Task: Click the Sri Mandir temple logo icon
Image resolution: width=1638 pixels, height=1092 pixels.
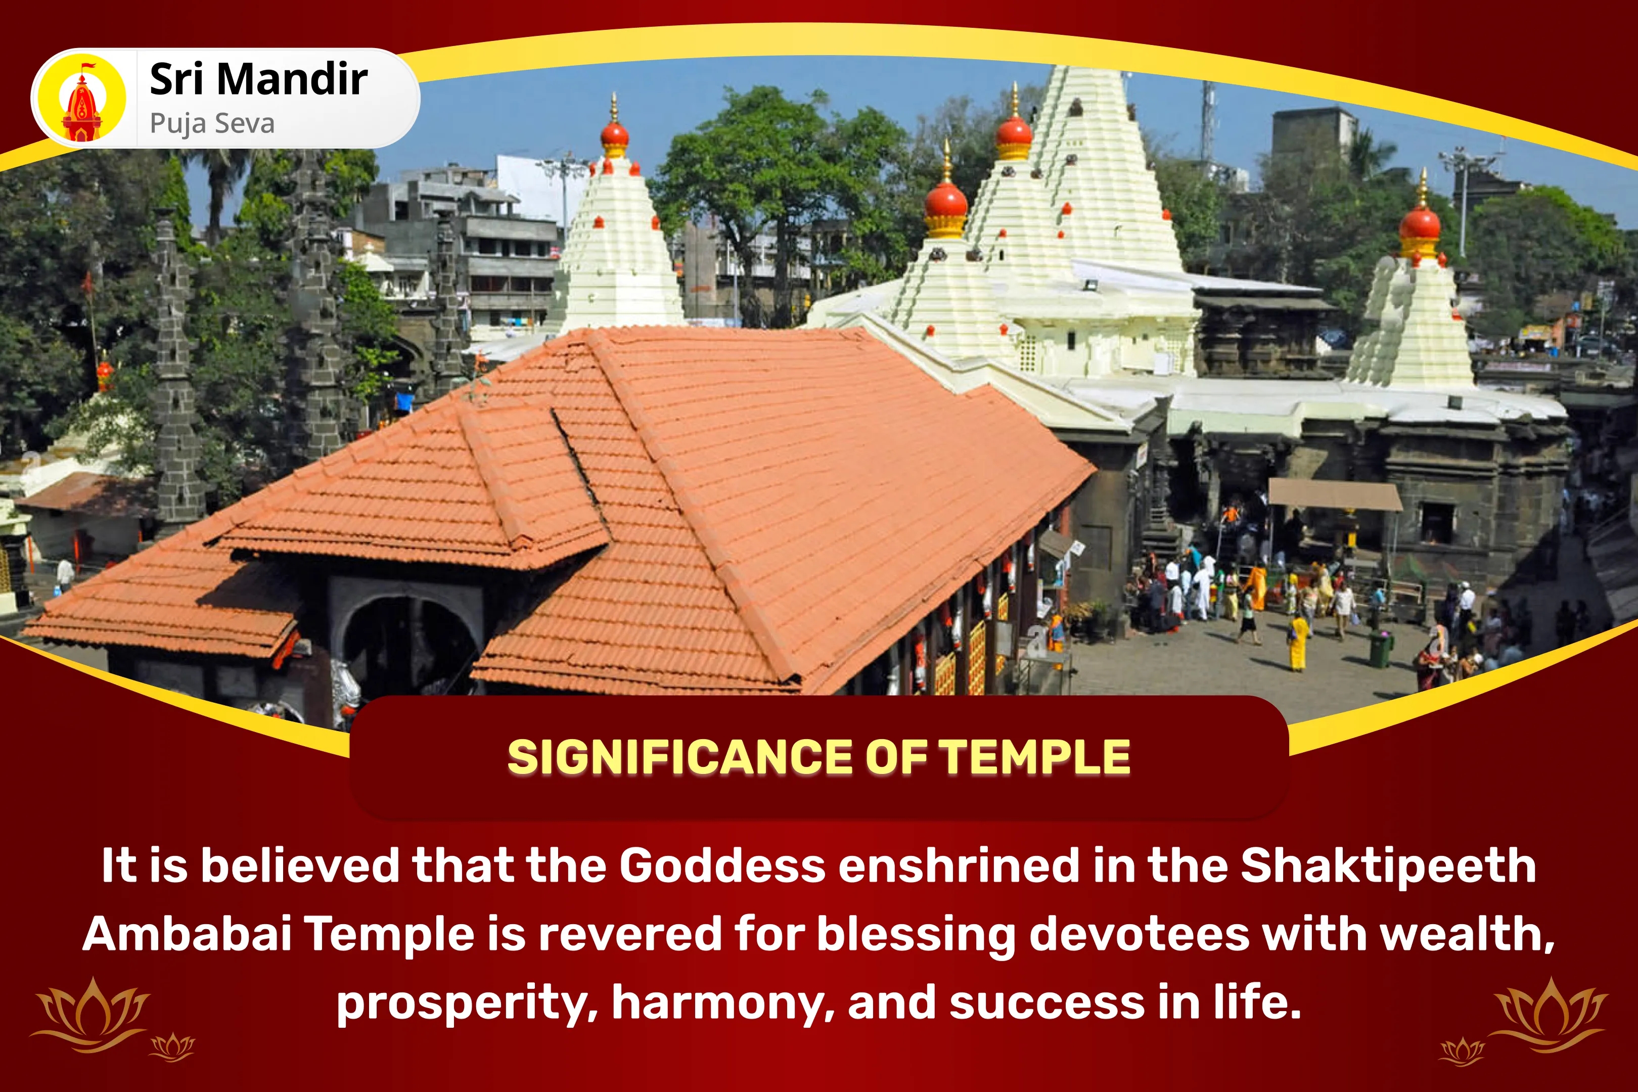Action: pyautogui.click(x=81, y=98)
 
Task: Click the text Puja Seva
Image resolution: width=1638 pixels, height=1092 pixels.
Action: pyautogui.click(x=212, y=124)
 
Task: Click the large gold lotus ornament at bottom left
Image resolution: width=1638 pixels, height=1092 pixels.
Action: pyautogui.click(x=90, y=1013)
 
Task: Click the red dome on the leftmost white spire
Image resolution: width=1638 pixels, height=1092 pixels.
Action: pyautogui.click(x=614, y=134)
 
